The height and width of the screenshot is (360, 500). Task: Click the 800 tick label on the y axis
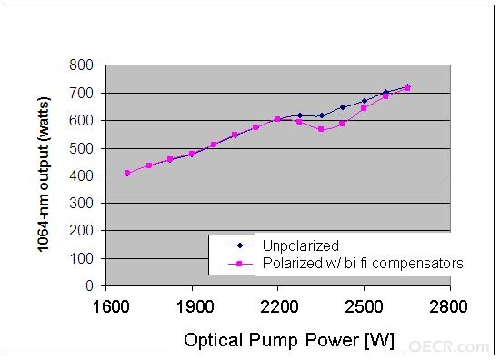point(81,65)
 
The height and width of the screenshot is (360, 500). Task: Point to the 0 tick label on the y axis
point(89,285)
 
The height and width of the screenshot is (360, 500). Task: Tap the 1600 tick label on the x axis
point(111,306)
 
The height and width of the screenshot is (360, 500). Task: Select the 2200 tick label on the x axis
point(279,306)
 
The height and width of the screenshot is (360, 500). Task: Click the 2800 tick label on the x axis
point(448,306)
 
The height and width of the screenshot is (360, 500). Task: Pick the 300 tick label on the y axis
point(81,203)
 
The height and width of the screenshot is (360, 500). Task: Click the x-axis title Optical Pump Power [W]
point(289,340)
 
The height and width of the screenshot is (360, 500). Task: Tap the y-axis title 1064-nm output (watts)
point(44,175)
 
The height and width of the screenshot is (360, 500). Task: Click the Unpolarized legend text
point(300,245)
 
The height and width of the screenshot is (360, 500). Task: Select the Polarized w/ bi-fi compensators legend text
point(363,264)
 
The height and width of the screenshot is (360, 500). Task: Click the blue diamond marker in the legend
point(240,245)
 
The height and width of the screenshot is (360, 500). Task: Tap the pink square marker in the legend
point(240,264)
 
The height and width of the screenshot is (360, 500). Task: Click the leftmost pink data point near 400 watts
point(127,173)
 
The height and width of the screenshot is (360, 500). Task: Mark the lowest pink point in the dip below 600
point(321,129)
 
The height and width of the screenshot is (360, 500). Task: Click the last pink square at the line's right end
point(407,88)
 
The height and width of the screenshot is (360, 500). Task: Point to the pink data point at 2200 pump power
point(277,119)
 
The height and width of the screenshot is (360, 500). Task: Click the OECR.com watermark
point(449,346)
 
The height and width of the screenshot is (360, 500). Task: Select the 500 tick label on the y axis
point(81,148)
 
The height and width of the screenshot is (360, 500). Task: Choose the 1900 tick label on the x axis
point(195,306)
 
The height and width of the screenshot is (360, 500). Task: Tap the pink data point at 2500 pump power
point(364,108)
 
